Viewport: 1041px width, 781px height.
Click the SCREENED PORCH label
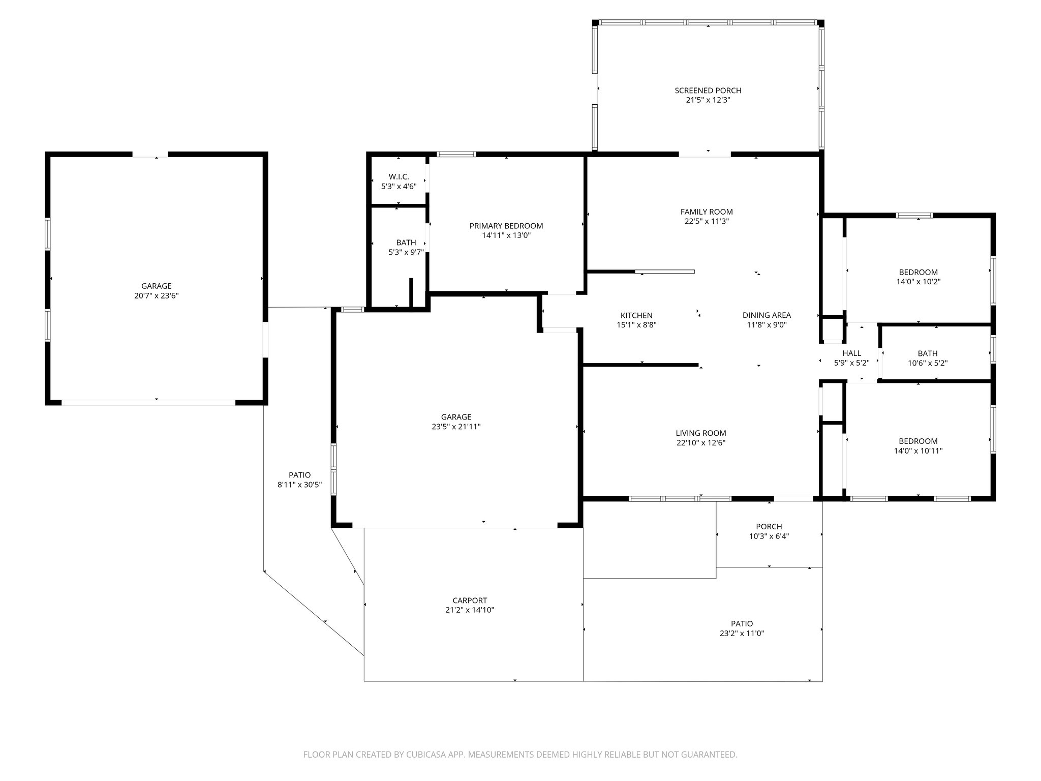click(x=708, y=91)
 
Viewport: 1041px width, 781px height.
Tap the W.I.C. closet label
click(x=399, y=176)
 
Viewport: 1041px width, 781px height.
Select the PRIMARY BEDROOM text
click(x=506, y=226)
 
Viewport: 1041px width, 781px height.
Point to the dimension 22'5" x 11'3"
click(x=707, y=221)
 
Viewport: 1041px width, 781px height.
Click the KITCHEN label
click(x=636, y=315)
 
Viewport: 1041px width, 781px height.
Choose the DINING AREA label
click(x=767, y=315)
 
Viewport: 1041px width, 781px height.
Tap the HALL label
click(x=851, y=353)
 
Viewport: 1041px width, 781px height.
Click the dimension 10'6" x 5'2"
click(x=928, y=363)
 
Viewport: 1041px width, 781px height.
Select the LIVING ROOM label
click(x=700, y=433)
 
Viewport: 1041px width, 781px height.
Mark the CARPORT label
click(x=470, y=600)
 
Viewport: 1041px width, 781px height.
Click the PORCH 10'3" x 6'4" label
click(x=769, y=527)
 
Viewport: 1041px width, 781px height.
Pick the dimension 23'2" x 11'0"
click(x=742, y=634)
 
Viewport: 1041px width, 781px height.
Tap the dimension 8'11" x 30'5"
click(x=299, y=485)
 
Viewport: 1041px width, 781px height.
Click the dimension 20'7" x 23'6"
click(x=156, y=295)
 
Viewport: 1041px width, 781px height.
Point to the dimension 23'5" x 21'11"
click(x=456, y=427)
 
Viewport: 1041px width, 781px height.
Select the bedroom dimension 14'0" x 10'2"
click(x=918, y=282)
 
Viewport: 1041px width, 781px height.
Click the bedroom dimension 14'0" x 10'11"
click(x=918, y=450)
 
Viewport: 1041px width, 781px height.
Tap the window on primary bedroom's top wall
click(x=456, y=154)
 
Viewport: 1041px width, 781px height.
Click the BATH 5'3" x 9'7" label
click(x=406, y=243)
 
